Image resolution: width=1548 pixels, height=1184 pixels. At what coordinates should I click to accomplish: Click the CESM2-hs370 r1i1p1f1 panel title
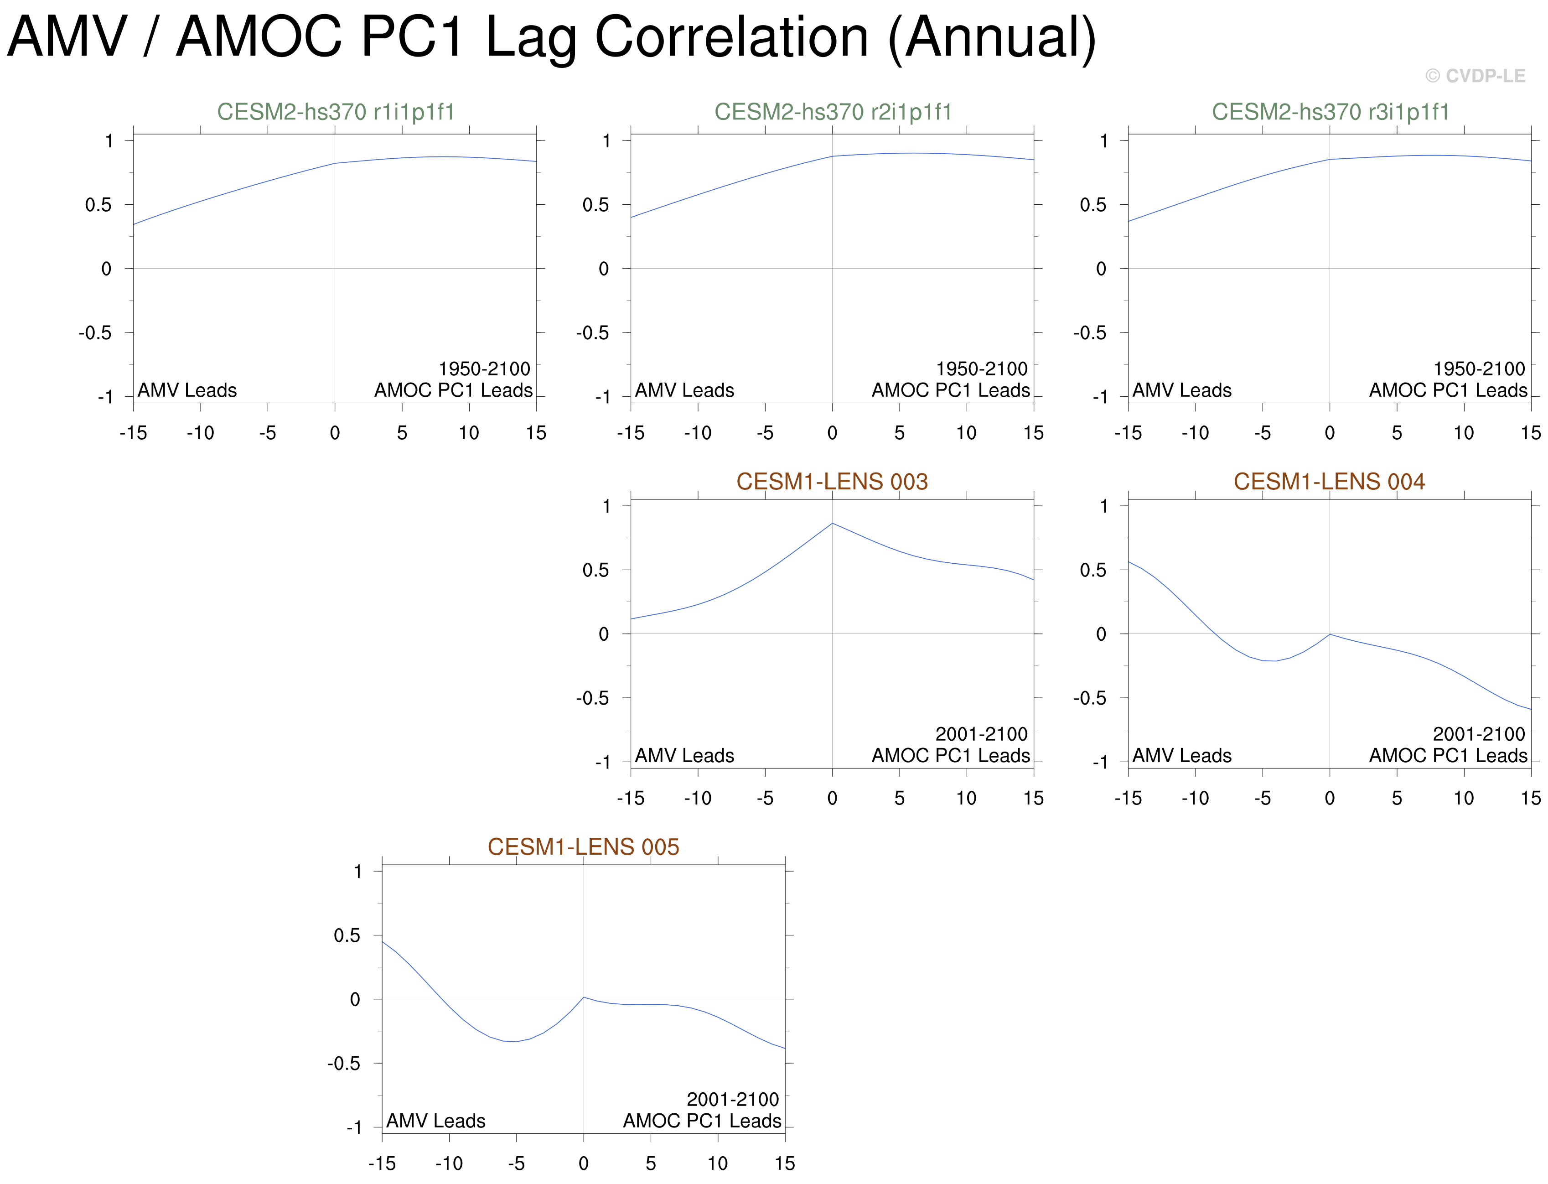(x=336, y=112)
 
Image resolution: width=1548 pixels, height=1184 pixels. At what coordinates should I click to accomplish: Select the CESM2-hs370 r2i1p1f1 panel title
(x=833, y=112)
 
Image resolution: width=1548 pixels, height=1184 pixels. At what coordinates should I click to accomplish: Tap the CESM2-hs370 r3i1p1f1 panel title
(x=1331, y=112)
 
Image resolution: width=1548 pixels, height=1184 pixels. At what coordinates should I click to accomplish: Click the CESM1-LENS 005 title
(x=583, y=846)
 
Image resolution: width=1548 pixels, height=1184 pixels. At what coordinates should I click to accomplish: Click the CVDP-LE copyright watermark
(x=1476, y=76)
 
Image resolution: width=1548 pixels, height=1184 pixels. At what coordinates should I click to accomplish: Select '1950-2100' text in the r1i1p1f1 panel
(x=484, y=369)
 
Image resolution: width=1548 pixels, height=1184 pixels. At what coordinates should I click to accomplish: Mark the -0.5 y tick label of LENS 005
(x=344, y=1064)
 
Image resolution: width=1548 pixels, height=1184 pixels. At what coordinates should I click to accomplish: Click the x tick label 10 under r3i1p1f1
(x=1464, y=433)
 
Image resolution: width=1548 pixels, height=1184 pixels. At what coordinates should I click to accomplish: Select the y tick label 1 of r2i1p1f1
(x=606, y=141)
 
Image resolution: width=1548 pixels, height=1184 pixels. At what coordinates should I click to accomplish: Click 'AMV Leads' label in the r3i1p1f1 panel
(x=1181, y=390)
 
